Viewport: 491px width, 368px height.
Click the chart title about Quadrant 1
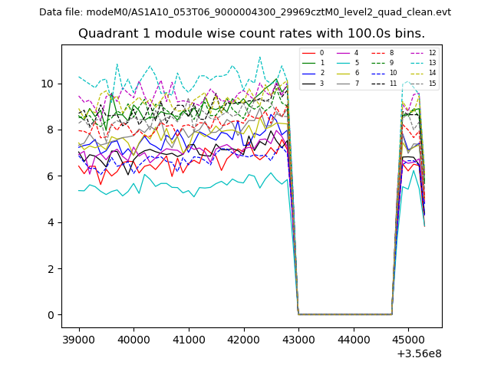click(x=252, y=34)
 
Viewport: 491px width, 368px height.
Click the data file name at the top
click(x=245, y=12)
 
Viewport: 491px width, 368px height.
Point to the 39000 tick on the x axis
click(x=78, y=338)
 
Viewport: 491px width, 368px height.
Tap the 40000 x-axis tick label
click(x=133, y=338)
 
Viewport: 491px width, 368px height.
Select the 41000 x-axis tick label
click(x=188, y=338)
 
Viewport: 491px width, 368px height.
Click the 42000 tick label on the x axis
click(x=243, y=338)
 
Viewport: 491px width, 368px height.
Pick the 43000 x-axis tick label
click(x=298, y=338)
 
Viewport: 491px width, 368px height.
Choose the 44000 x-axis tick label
click(x=353, y=338)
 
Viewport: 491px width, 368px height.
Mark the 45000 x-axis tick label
click(x=407, y=338)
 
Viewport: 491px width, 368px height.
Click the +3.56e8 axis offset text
click(x=418, y=353)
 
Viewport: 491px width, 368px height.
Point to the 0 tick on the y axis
click(x=51, y=315)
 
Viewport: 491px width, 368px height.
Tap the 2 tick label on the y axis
click(x=51, y=268)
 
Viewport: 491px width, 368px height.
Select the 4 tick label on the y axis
click(x=51, y=222)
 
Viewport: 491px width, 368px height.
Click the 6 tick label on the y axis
click(x=51, y=176)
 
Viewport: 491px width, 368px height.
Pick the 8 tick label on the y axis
click(x=51, y=130)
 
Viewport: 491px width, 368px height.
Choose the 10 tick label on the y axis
click(x=48, y=83)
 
